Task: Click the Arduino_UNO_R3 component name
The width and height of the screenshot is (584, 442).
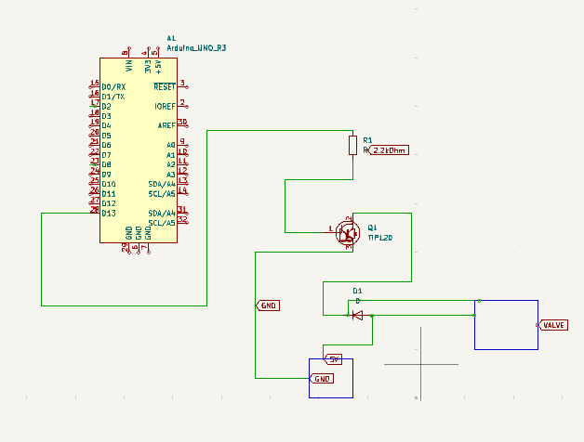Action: (x=196, y=47)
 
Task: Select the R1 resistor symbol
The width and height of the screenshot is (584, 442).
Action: (x=352, y=145)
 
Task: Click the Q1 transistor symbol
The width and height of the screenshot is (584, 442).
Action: (x=348, y=232)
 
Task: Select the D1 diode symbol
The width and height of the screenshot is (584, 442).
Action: (x=357, y=316)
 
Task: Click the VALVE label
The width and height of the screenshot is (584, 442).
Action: (x=554, y=325)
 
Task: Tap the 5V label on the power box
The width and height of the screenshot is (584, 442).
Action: (x=335, y=358)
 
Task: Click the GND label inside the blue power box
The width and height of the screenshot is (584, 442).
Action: (x=323, y=379)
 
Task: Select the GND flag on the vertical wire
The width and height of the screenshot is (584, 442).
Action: (x=268, y=305)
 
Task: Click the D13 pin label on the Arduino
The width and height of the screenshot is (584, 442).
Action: (x=109, y=214)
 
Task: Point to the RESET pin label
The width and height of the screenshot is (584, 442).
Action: (x=165, y=86)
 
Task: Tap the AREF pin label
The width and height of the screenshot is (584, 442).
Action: (x=166, y=125)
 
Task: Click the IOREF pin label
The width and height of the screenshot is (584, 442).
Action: (x=165, y=106)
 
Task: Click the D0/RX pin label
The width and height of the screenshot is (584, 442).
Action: (x=113, y=86)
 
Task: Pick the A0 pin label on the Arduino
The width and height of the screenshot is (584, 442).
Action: (x=171, y=146)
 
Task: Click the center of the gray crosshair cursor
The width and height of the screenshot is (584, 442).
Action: (x=421, y=364)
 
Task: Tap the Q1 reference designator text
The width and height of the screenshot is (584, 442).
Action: (x=372, y=227)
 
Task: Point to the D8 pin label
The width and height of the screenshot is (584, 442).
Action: (x=107, y=164)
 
